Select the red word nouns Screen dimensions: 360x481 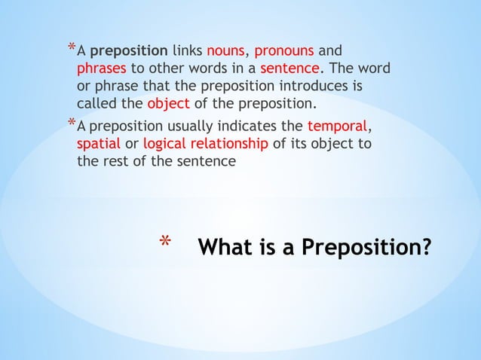[226, 51]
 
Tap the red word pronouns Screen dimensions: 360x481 [284, 51]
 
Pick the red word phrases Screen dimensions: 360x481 [102, 69]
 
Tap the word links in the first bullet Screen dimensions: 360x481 [186, 51]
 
